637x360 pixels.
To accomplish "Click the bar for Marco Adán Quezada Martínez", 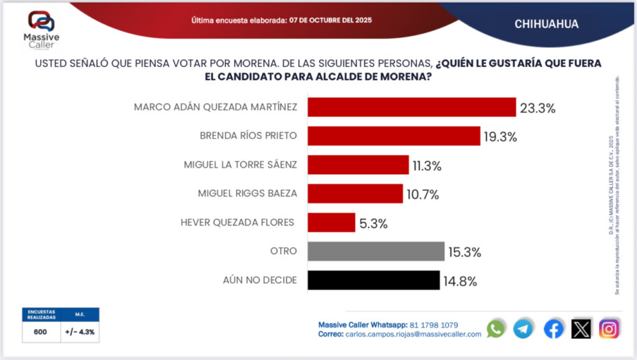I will point(412,107).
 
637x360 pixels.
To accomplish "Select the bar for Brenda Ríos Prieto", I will point(394,136).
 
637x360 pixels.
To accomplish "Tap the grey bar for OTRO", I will point(376,251).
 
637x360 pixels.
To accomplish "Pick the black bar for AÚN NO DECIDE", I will point(374,280).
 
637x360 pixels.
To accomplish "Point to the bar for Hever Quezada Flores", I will point(332,223).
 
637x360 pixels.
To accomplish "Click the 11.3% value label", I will point(426,165).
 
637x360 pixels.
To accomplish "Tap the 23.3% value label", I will point(537,108).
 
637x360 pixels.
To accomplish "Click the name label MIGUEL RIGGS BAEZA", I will point(248,193).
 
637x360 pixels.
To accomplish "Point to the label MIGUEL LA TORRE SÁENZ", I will point(240,165).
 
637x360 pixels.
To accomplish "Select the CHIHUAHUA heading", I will point(546,24).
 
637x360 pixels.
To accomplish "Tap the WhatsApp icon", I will point(496,329).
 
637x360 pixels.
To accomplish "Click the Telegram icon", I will point(523,329).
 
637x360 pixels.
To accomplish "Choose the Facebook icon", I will point(553,329).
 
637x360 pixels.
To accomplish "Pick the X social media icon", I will point(581,329).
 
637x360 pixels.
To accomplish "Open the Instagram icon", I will point(609,329).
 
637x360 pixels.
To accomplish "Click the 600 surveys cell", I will point(40,332).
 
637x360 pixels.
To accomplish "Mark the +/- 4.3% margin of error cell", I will point(80,332).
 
